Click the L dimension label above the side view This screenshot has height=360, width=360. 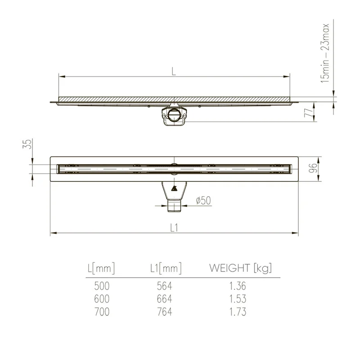(x=174, y=71)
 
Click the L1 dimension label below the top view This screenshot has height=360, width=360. (x=175, y=228)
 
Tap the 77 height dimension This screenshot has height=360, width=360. (x=308, y=112)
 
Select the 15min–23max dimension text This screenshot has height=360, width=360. (x=325, y=53)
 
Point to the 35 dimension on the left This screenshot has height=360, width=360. (x=28, y=144)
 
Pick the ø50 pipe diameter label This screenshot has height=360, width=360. (x=202, y=201)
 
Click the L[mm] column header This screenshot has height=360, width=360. (x=101, y=269)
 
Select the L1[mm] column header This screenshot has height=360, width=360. (x=166, y=269)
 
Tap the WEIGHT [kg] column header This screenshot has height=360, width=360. (x=240, y=269)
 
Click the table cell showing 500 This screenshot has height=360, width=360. (x=102, y=286)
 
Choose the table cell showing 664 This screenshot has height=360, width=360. (x=164, y=299)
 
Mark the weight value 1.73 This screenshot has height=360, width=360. (x=237, y=312)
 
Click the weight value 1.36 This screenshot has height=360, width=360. (x=237, y=286)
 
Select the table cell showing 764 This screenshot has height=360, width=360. (x=164, y=312)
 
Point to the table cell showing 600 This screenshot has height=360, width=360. (x=102, y=299)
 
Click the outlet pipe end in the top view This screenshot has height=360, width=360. (x=174, y=207)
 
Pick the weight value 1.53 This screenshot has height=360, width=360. (x=237, y=299)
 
